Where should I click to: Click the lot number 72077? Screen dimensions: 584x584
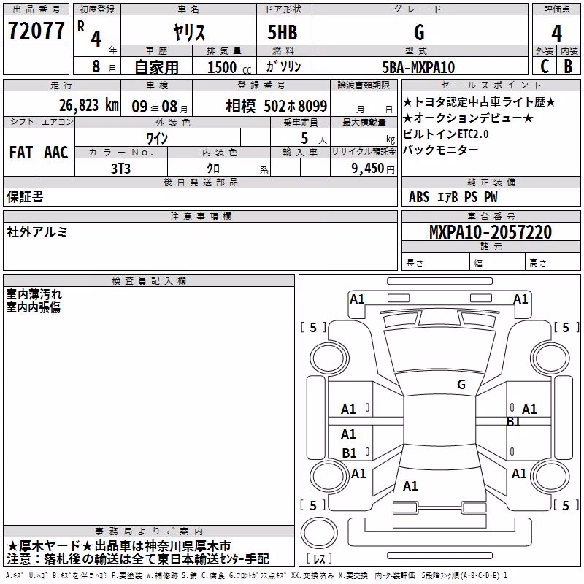(x=36, y=31)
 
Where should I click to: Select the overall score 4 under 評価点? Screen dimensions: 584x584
(x=556, y=34)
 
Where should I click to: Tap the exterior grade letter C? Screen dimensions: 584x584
(x=545, y=66)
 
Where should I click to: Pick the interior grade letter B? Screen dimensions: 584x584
(x=568, y=66)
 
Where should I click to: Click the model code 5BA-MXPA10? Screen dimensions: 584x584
(x=418, y=67)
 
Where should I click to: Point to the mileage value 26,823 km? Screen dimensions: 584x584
(x=88, y=105)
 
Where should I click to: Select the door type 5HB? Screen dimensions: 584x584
(x=283, y=32)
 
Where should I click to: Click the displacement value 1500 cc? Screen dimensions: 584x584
(x=229, y=67)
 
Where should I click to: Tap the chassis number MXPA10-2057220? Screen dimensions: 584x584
(x=490, y=232)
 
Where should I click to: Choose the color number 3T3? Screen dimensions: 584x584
(x=120, y=169)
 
